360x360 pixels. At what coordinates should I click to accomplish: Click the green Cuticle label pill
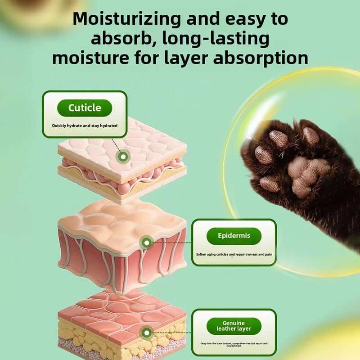[x=85, y=108]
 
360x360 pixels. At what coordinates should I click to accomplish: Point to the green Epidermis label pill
[x=234, y=236]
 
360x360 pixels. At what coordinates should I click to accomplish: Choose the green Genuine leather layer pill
[x=234, y=326]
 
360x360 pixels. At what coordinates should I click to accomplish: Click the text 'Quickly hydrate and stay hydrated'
[x=85, y=126]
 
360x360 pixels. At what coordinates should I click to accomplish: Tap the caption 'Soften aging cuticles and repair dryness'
[x=234, y=254]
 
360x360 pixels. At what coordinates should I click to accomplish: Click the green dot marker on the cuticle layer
[x=122, y=157]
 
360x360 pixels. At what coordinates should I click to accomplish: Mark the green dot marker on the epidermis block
[x=146, y=243]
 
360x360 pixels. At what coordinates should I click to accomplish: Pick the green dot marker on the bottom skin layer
[x=146, y=333]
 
